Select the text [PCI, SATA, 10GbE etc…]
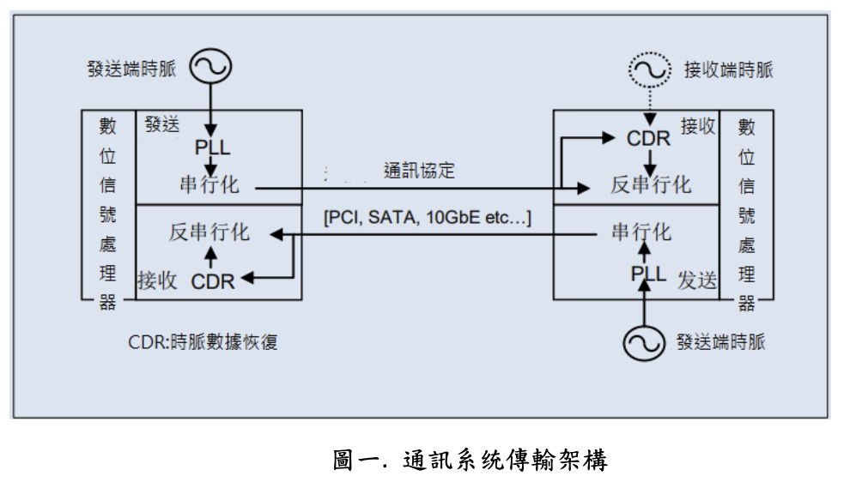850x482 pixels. [427, 218]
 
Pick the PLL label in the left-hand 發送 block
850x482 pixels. [211, 148]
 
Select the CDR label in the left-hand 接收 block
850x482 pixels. [212, 280]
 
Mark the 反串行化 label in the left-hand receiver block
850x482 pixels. [209, 232]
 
